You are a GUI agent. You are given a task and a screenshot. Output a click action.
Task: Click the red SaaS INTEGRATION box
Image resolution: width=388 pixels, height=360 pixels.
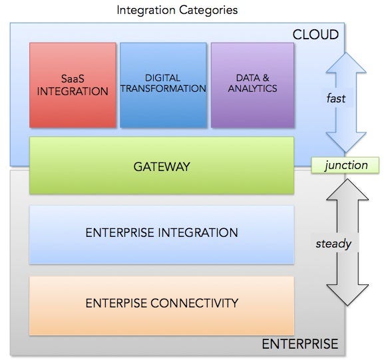coord(73,85)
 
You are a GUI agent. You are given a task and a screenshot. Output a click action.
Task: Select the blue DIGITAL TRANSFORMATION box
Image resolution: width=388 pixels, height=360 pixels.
coord(162,85)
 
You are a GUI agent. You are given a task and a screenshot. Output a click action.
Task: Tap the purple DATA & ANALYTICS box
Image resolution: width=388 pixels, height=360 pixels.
coord(252,85)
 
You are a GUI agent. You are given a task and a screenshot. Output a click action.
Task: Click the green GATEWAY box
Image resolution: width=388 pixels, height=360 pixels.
coord(161,166)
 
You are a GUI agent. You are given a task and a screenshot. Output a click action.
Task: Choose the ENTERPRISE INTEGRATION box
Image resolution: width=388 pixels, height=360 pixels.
coord(161,233)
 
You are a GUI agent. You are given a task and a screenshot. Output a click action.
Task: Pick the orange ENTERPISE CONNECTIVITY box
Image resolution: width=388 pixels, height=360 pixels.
coord(161,304)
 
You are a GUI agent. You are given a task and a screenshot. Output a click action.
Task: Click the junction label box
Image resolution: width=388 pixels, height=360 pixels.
coord(345,165)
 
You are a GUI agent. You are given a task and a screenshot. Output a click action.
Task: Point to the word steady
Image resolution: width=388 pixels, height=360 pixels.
coord(333,243)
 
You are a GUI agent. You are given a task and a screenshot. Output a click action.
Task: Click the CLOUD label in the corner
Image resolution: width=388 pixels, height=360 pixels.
coord(315,35)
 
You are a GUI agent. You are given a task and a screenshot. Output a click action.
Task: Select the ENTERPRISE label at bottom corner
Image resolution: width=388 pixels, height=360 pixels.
coord(299,344)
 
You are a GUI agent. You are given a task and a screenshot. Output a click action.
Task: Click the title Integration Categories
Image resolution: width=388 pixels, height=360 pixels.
coord(177,10)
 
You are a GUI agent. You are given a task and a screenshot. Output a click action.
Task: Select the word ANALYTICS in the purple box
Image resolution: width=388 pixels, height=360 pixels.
coord(252,89)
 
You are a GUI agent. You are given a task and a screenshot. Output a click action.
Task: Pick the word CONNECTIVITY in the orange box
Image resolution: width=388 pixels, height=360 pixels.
coord(196,303)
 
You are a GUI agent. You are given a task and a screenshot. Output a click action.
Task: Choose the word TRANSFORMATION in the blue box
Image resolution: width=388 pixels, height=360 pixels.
coord(164,89)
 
